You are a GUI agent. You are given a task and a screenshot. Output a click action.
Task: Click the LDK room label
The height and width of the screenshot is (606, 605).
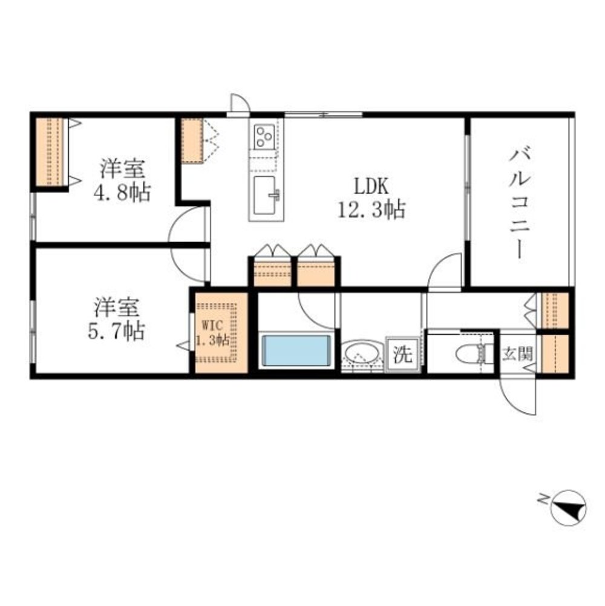[x=371, y=187]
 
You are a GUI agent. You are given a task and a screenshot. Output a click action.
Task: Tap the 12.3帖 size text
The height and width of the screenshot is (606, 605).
[x=371, y=209]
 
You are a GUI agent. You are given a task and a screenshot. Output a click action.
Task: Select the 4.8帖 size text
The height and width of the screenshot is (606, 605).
[x=122, y=192]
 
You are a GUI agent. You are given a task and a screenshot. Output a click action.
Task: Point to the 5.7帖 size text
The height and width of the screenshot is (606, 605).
[x=117, y=331]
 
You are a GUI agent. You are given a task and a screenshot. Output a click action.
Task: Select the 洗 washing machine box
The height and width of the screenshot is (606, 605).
[x=402, y=354]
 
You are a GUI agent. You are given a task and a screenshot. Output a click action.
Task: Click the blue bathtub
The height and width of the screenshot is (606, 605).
[x=296, y=350]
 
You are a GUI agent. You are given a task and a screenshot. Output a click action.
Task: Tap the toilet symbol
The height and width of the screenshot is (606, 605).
[x=475, y=354]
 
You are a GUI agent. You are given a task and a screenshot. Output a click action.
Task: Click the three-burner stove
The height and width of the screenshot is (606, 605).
[x=264, y=136]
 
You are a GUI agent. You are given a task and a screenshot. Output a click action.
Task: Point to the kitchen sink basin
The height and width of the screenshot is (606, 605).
[x=264, y=195]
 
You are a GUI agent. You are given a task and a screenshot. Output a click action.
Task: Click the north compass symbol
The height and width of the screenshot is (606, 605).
[x=568, y=507]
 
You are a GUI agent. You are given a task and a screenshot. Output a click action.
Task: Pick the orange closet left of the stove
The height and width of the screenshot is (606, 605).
[x=192, y=140]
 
